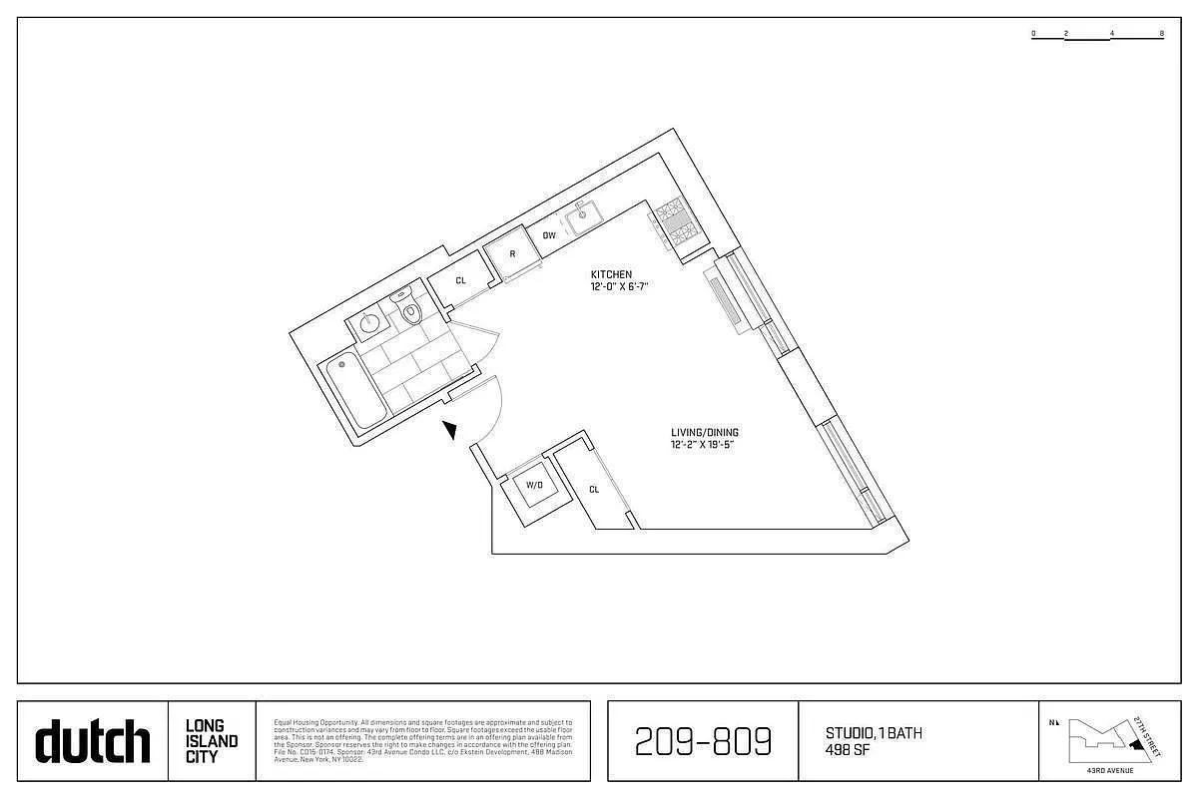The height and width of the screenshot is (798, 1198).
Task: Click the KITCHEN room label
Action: (611, 274)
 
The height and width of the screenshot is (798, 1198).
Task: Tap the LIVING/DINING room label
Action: (705, 433)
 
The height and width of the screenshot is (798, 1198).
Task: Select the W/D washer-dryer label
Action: (534, 486)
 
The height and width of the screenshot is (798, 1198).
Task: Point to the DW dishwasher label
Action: (549, 235)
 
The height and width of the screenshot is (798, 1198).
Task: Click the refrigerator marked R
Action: (512, 254)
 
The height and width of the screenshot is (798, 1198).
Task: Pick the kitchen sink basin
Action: (581, 215)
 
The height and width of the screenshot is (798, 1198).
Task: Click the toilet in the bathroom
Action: (409, 313)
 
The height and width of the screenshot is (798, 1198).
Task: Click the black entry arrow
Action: (451, 430)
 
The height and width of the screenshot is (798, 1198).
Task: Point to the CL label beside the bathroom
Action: (460, 281)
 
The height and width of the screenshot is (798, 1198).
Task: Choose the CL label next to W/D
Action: (594, 490)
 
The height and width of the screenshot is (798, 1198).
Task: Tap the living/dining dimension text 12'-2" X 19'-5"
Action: (705, 446)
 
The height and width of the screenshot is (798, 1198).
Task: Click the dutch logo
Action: (93, 741)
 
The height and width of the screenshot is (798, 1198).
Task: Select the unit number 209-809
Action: (703, 741)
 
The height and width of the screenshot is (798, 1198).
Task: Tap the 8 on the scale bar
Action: (1162, 33)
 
